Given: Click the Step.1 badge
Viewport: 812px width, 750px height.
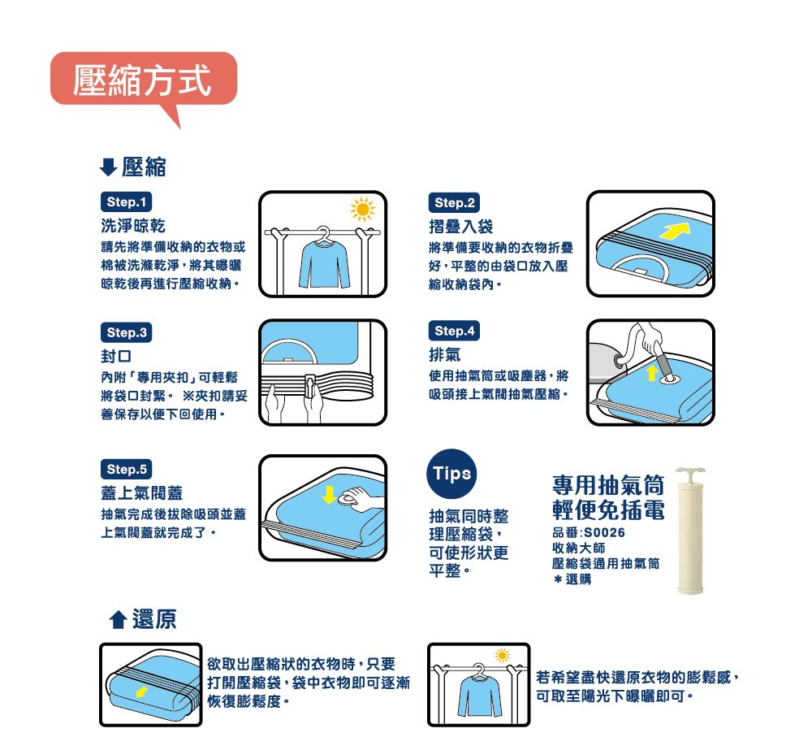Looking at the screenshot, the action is pos(127,202).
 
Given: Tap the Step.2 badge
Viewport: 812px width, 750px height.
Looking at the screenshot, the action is pos(454,202).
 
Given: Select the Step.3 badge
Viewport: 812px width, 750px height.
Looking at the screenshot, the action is pos(127,332).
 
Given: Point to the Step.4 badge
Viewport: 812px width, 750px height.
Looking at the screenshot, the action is pos(454,331).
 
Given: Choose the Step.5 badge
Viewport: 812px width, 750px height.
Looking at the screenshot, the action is pos(127,469).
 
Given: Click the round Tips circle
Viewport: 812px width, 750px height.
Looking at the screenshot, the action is pos(451,474).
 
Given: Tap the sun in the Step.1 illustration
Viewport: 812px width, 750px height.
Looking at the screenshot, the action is pos(362,210).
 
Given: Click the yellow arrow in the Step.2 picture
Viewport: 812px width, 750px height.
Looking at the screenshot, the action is pos(676,231).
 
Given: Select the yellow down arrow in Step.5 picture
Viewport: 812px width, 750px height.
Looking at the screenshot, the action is pos(329,495).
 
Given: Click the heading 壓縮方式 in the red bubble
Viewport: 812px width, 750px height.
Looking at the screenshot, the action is pos(142,80).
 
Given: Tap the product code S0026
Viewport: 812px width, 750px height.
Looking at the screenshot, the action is pos(604,532).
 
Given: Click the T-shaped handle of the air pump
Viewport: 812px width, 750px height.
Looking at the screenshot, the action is pos(690,472).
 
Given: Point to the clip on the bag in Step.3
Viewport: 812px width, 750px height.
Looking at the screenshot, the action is pos(309,386).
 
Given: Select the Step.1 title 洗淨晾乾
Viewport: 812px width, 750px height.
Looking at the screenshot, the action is pos(133,226).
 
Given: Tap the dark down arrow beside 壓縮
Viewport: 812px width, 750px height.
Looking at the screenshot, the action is pos(108,167).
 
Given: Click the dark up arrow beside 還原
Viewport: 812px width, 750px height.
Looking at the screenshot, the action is pos(119,619).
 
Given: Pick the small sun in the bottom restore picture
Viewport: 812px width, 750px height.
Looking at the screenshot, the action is pos(502,656).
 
